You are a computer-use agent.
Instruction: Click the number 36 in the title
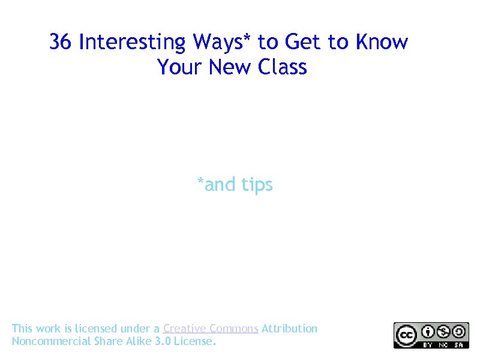coord(61,42)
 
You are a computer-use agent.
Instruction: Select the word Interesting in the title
coord(133,42)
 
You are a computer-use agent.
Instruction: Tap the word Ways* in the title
coord(223,42)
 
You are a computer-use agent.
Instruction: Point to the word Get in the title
coord(303,42)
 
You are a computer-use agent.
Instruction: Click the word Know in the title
coord(382,42)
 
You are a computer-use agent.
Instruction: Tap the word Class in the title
coord(283,67)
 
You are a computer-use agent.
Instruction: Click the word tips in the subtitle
coord(257,185)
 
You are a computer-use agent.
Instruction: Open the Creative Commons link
coord(211,328)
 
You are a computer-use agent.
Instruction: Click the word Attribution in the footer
coord(290,328)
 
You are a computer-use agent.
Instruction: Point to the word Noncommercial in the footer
coord(52,341)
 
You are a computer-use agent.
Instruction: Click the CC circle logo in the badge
coord(405,334)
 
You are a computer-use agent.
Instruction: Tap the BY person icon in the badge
coord(428,331)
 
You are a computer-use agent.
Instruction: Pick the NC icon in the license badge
coord(444,331)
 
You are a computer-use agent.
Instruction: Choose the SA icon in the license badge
coord(460,331)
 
